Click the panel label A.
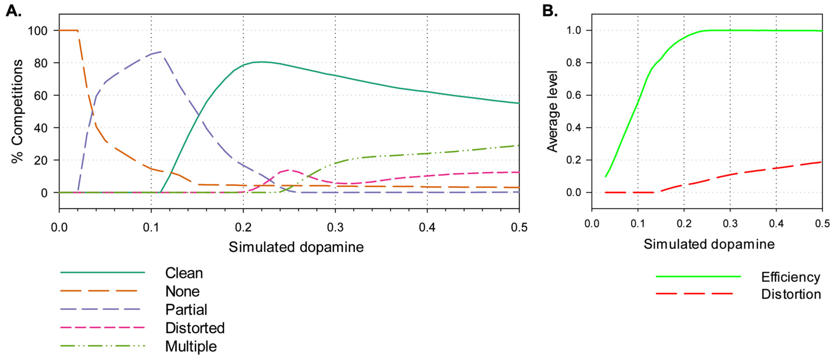14,11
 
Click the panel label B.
550,11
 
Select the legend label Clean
184,273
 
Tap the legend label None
182,291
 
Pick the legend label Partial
186,309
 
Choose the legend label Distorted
195,328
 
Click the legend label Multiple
191,346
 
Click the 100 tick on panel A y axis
38,31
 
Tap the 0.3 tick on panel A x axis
335,227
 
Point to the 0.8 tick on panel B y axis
573,63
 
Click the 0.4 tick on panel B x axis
776,223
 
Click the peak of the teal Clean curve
261,62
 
